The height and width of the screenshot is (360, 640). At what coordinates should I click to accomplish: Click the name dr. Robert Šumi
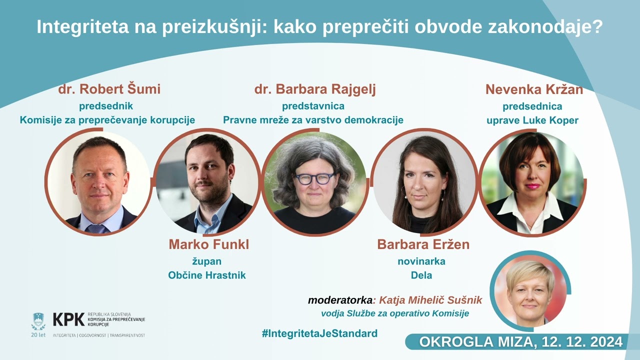point(109,89)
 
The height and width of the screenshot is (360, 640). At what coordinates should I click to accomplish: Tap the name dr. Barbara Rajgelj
point(315,89)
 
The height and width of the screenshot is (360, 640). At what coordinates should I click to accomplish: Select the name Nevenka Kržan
point(534,89)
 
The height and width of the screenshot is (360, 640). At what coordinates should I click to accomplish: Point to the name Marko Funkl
point(208,244)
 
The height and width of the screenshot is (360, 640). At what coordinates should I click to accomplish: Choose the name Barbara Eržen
point(423,244)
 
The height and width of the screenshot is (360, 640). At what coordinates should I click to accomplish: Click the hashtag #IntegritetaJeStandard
point(319,333)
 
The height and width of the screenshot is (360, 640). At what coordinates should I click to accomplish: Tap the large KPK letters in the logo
point(68,319)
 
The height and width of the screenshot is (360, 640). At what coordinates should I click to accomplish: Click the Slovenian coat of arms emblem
point(38,320)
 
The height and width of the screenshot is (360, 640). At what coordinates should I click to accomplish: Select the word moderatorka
point(340,300)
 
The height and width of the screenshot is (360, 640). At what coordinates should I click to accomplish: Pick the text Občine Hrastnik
point(207,275)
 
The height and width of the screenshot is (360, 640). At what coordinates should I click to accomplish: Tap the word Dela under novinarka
point(421,275)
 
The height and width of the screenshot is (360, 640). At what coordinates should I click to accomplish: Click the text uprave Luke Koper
point(532,120)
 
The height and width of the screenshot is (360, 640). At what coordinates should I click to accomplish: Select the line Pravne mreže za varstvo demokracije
point(313,120)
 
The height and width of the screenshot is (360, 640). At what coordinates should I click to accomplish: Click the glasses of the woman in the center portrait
point(314,178)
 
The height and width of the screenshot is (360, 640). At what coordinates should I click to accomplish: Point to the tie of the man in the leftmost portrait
point(97,228)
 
